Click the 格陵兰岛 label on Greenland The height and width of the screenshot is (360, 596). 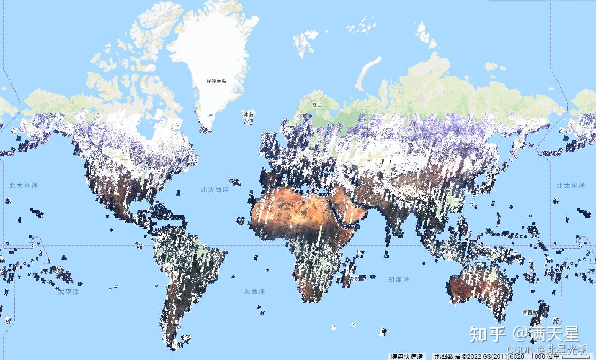coord(216,81)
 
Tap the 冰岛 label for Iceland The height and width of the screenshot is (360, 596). coord(249,114)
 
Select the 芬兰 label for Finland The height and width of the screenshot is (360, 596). coord(318,105)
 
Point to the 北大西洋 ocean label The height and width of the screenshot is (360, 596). coord(214,189)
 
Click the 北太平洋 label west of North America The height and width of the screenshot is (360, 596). coord(24,186)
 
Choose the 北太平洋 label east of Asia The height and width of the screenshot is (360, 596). coord(570,186)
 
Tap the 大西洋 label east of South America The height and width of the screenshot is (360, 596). coord(254,292)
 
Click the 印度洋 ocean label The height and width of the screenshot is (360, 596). coord(398,280)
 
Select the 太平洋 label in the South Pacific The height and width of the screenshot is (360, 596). coord(68,292)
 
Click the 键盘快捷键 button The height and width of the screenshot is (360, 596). coord(407,356)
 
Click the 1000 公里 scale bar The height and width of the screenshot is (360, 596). coord(546,356)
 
